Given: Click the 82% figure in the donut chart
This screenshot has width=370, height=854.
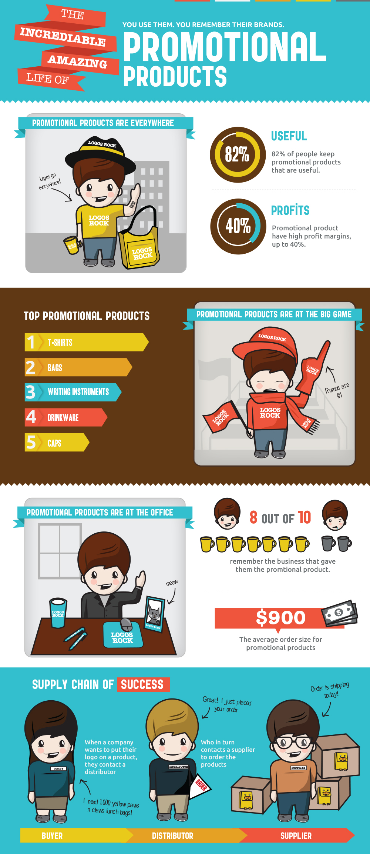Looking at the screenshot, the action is point(237,154).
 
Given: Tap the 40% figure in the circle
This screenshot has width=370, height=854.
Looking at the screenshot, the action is point(238,226).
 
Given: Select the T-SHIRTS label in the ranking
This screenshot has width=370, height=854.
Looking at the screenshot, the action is point(60,343).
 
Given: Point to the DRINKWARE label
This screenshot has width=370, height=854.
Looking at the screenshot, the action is point(63,418).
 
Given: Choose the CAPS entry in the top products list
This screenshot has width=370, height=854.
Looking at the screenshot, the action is point(54,443).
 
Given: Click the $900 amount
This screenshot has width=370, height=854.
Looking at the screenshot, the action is point(281,618).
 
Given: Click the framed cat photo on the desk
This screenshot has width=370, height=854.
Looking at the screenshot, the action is point(154,614).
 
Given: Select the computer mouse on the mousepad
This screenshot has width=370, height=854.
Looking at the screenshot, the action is point(127,624).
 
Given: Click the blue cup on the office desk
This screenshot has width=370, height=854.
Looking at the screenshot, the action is point(58,613).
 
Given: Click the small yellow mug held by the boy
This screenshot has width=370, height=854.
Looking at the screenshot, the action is point(71,245).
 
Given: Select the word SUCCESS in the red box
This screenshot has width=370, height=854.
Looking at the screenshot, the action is point(142,684).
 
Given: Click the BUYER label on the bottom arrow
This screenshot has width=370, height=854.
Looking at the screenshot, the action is point(52,836).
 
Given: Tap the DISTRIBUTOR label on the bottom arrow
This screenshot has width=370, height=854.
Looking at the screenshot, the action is point(172,836).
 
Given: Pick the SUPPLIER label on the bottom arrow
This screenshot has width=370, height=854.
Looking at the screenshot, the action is point(296,836).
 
